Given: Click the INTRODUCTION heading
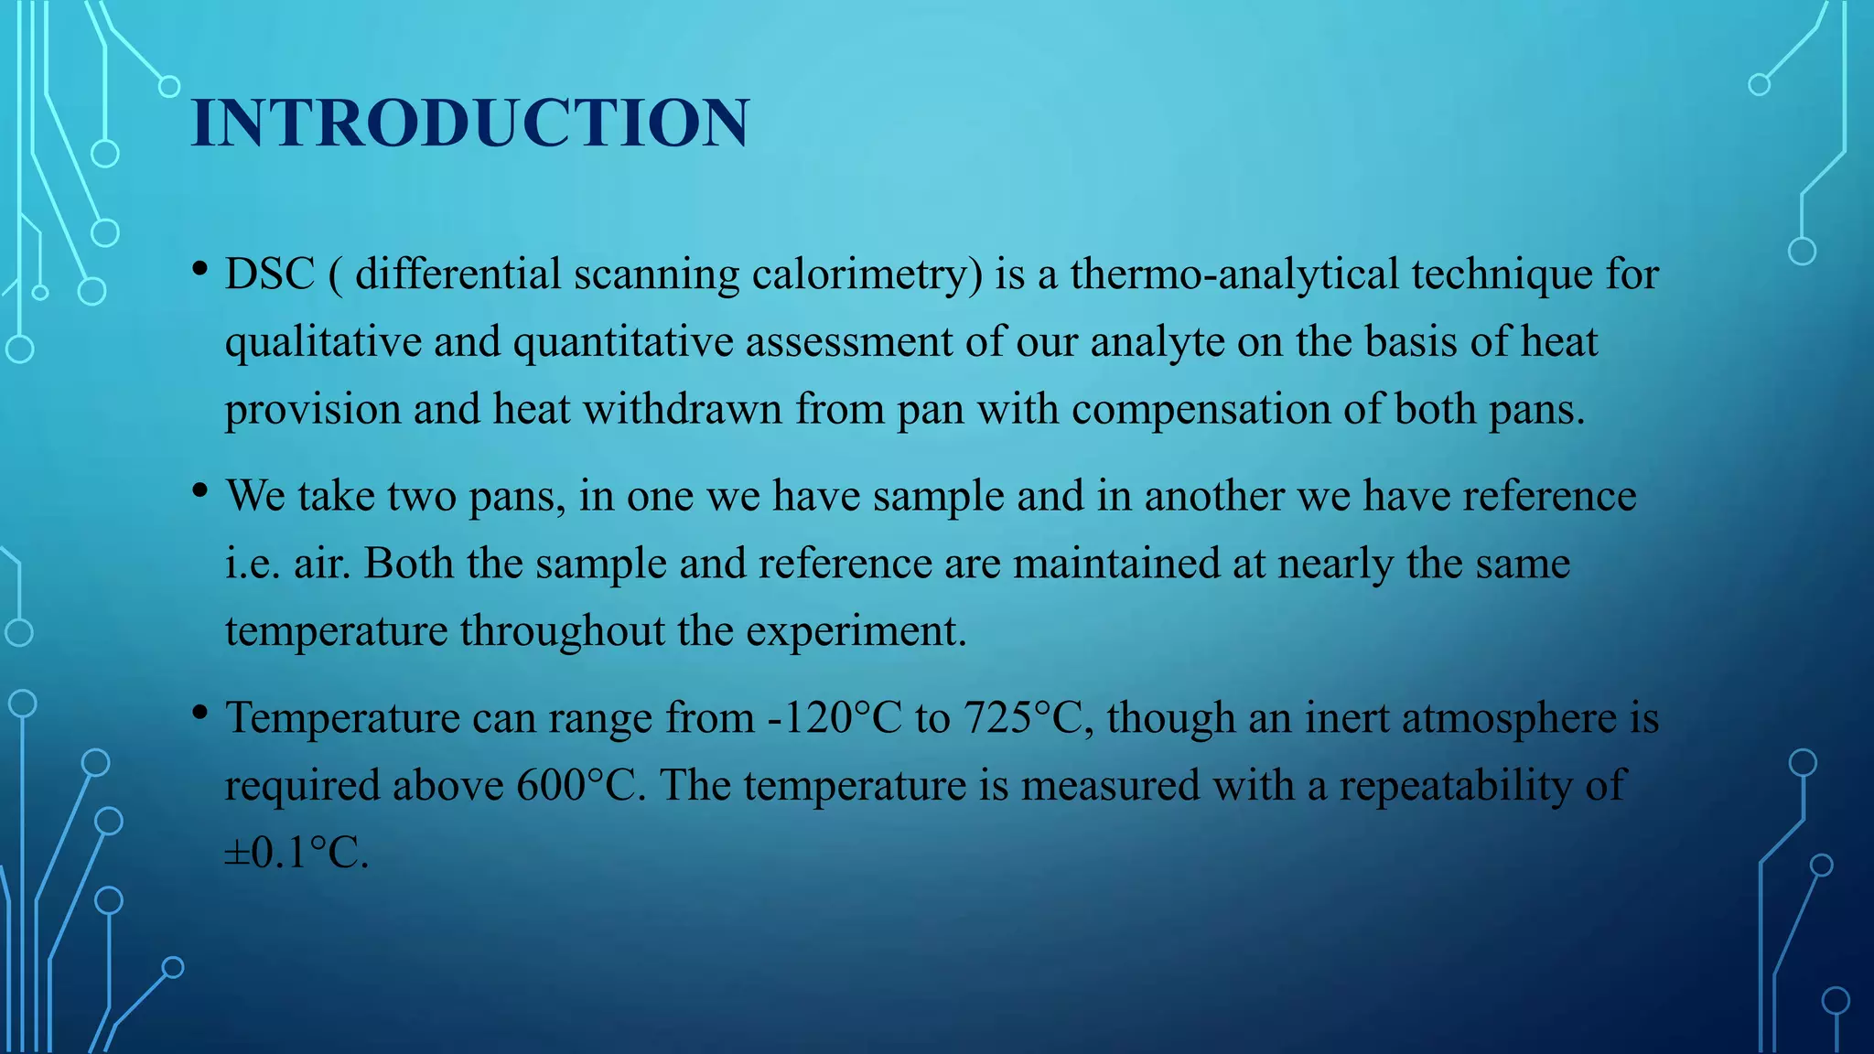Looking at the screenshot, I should click(470, 123).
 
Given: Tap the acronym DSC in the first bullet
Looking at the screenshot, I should click(270, 274).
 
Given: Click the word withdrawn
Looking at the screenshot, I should click(683, 409).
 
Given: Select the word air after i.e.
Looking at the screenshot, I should click(322, 564).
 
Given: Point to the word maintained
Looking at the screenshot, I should click(1116, 564).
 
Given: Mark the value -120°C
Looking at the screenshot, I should click(835, 718).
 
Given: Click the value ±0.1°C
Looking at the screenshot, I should click(296, 853).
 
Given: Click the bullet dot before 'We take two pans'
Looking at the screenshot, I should click(199, 491).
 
